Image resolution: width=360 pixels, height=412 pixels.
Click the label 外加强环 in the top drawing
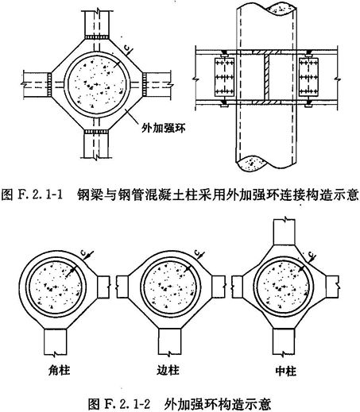(163, 128)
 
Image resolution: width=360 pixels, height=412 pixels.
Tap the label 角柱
(60, 370)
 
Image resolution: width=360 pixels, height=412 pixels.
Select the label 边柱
(168, 370)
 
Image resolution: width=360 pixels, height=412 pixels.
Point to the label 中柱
(285, 371)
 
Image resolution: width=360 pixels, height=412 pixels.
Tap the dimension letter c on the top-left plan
(128, 48)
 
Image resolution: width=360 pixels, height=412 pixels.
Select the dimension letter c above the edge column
(197, 252)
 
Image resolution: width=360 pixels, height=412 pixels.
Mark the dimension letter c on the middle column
(312, 255)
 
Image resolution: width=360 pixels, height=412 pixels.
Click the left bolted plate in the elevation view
(224, 77)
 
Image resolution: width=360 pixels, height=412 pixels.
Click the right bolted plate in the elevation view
(308, 77)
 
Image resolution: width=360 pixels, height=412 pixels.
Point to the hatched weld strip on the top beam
(97, 37)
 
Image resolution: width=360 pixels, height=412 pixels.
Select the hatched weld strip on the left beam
(49, 85)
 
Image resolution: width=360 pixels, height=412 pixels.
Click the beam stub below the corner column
(56, 342)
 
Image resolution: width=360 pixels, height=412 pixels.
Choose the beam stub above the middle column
(285, 232)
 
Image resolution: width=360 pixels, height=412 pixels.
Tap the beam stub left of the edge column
(122, 287)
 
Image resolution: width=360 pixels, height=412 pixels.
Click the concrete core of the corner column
(55, 287)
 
